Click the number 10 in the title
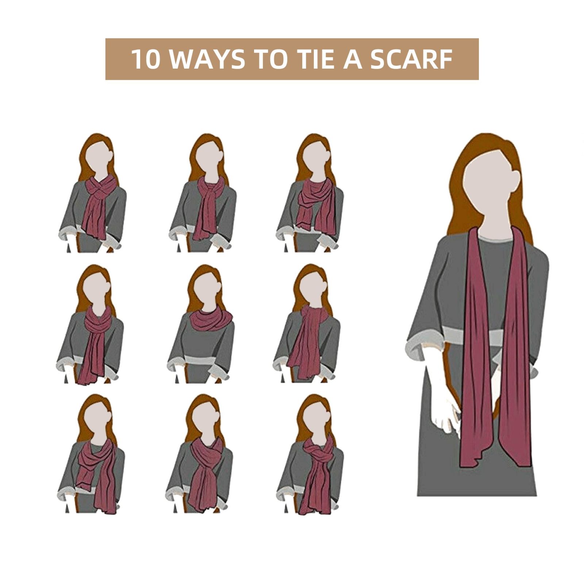tap(145, 59)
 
